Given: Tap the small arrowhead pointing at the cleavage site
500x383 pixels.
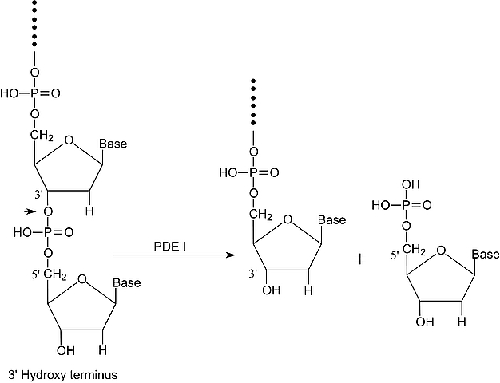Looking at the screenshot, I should [30, 211].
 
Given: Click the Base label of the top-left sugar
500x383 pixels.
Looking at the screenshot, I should [113, 144].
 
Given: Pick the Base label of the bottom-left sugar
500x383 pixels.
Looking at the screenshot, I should [126, 282].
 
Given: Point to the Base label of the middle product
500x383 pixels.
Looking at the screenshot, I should [331, 219].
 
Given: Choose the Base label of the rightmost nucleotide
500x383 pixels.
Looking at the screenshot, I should [485, 254].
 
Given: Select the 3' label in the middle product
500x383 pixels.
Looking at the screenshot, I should [252, 274].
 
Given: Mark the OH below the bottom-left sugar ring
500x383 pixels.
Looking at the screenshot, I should [65, 351].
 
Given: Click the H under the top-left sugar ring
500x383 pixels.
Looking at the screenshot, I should [90, 212].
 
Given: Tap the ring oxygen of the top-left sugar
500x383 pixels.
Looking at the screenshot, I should [69, 141].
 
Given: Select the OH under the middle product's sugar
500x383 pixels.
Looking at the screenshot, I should [271, 290].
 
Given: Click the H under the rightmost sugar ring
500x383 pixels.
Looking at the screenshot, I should [461, 322].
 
